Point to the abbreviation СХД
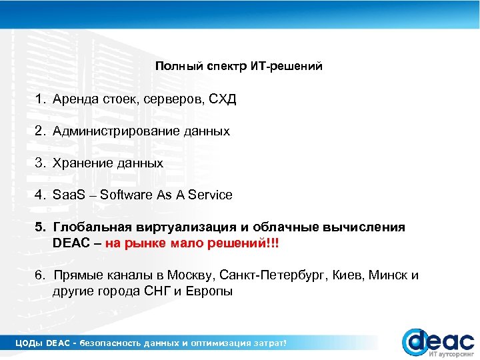coord(223,99)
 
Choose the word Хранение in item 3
coord(82,163)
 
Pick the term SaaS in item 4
coord(69,195)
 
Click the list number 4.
coord(40,195)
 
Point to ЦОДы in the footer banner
coord(29,343)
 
